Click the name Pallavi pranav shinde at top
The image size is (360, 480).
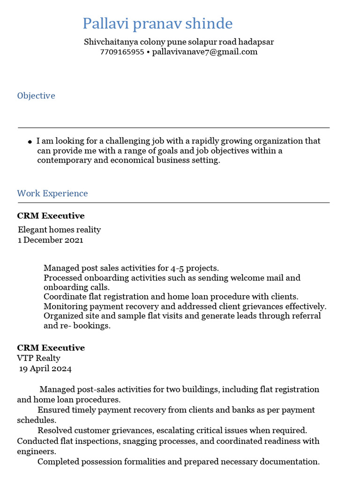click(x=157, y=23)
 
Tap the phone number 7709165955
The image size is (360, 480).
click(x=122, y=52)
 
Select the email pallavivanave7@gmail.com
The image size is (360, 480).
click(x=205, y=52)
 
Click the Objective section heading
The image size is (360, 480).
click(x=36, y=96)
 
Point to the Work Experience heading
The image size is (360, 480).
click(x=52, y=194)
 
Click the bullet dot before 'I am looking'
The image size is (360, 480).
click(x=30, y=142)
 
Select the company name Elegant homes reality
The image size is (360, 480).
click(x=59, y=230)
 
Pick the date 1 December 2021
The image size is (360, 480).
click(x=51, y=240)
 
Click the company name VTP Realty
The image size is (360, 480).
click(x=39, y=358)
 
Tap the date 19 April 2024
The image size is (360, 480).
click(x=45, y=368)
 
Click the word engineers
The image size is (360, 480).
click(x=37, y=451)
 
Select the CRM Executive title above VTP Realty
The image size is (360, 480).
click(x=51, y=348)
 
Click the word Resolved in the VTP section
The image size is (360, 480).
click(x=56, y=430)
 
